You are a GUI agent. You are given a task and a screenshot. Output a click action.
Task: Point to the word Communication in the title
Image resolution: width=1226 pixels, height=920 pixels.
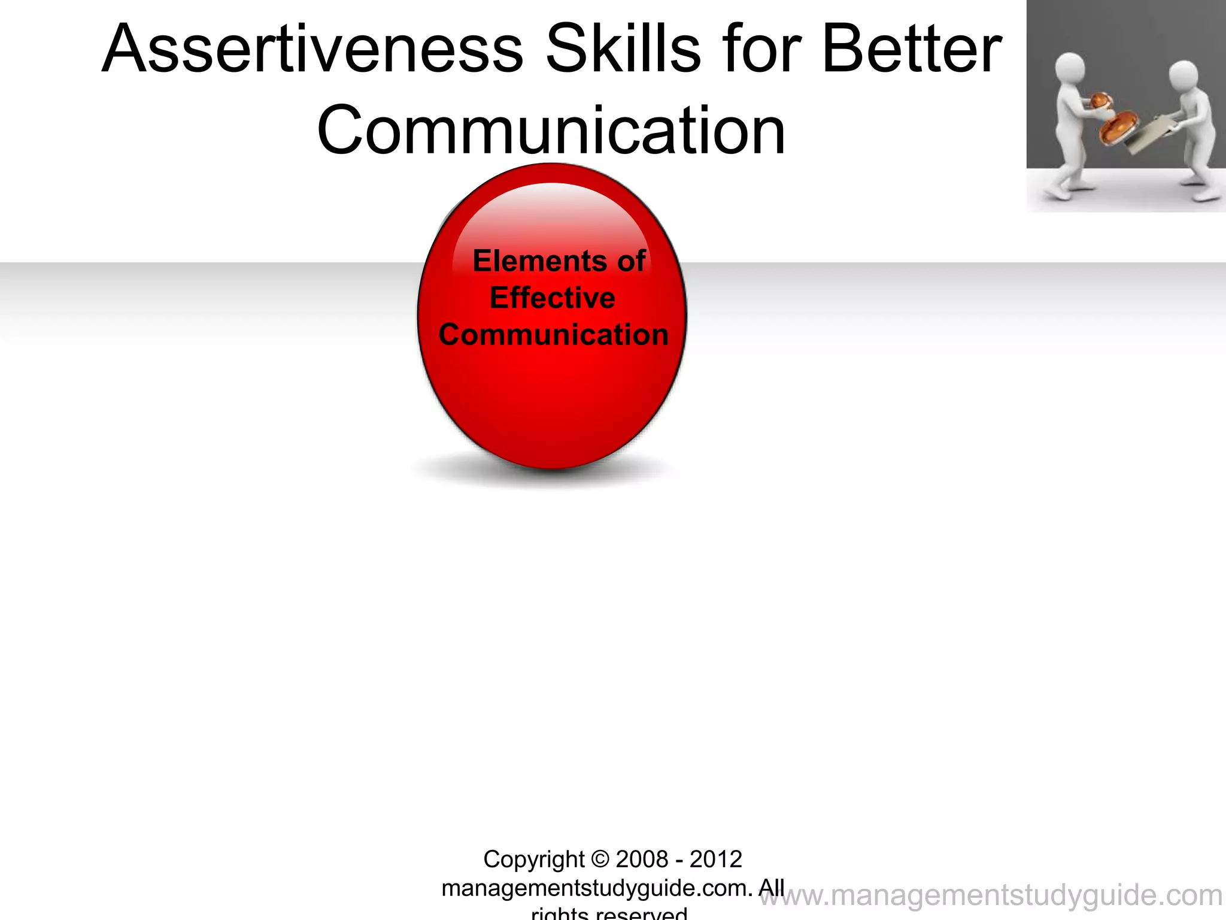tap(551, 131)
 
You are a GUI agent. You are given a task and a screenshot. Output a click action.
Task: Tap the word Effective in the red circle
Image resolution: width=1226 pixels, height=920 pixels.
tap(552, 298)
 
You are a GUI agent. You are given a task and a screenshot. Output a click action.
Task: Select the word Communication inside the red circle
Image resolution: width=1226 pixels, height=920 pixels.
tap(553, 335)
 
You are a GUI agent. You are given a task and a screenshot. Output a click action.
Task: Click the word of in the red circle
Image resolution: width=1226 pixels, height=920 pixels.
tap(631, 261)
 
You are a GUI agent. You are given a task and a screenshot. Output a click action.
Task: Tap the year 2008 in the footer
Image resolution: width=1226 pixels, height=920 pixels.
tap(642, 860)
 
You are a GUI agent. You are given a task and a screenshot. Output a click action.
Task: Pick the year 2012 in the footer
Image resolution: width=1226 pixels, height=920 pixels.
tap(716, 860)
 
